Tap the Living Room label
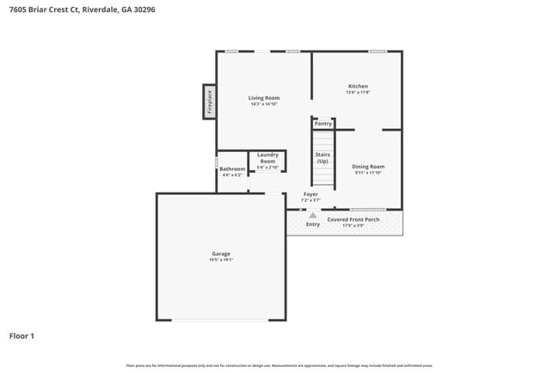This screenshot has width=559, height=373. click(263, 98)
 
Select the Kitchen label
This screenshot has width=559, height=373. click(358, 86)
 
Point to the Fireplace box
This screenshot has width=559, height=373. click(208, 101)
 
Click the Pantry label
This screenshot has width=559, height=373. click(322, 124)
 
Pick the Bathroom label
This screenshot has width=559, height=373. click(232, 168)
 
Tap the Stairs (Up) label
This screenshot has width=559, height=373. click(322, 158)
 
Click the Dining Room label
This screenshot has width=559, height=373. click(367, 166)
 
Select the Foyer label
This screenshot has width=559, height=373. click(310, 194)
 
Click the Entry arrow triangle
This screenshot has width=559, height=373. click(313, 213)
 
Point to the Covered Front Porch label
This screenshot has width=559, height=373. click(353, 219)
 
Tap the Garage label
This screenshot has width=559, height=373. click(221, 254)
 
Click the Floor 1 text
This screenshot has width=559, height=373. click(22, 336)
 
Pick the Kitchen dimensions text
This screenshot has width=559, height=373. click(358, 93)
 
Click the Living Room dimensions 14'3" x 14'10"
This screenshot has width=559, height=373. click(263, 105)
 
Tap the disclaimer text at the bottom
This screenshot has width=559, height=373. click(279, 365)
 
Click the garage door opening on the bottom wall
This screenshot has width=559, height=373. click(221, 320)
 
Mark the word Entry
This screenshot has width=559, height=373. click(313, 224)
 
